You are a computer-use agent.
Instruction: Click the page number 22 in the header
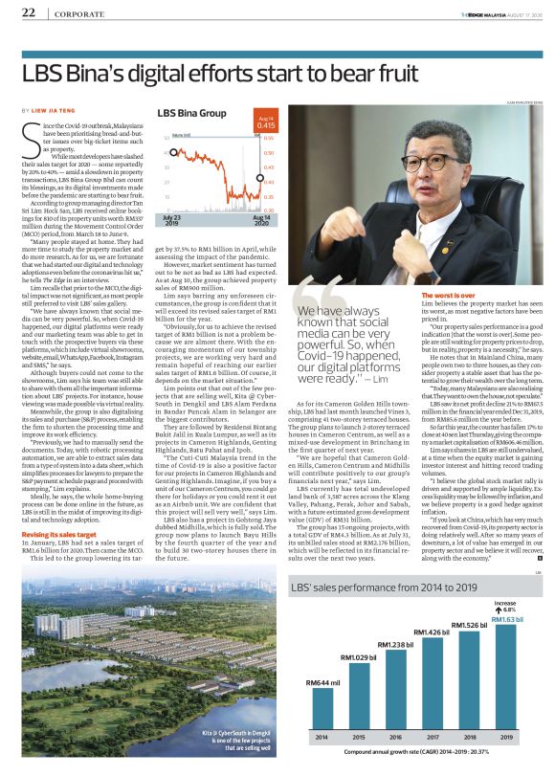[28, 12]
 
